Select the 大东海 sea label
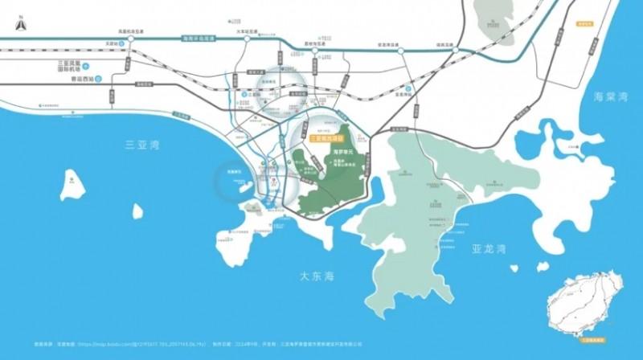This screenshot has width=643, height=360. (315, 276)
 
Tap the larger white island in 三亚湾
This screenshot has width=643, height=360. (72, 184)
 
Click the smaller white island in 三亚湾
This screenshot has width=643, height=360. (137, 211)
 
